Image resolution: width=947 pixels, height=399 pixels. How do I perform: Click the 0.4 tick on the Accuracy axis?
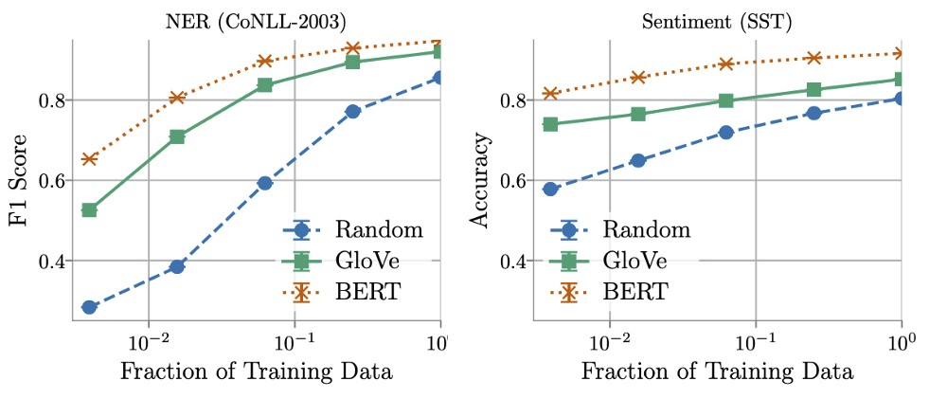pos(512,261)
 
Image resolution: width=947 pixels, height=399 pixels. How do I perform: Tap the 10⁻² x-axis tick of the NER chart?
pos(149,339)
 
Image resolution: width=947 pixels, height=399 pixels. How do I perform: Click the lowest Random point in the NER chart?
pos(89,307)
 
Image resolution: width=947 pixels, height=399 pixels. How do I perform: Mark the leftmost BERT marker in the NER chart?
pos(89,158)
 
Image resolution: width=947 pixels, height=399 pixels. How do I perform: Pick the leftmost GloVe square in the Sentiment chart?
pos(550,124)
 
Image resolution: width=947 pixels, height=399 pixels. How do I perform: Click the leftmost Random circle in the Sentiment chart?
pos(550,189)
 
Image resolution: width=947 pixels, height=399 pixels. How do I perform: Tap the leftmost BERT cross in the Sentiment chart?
pos(550,93)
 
